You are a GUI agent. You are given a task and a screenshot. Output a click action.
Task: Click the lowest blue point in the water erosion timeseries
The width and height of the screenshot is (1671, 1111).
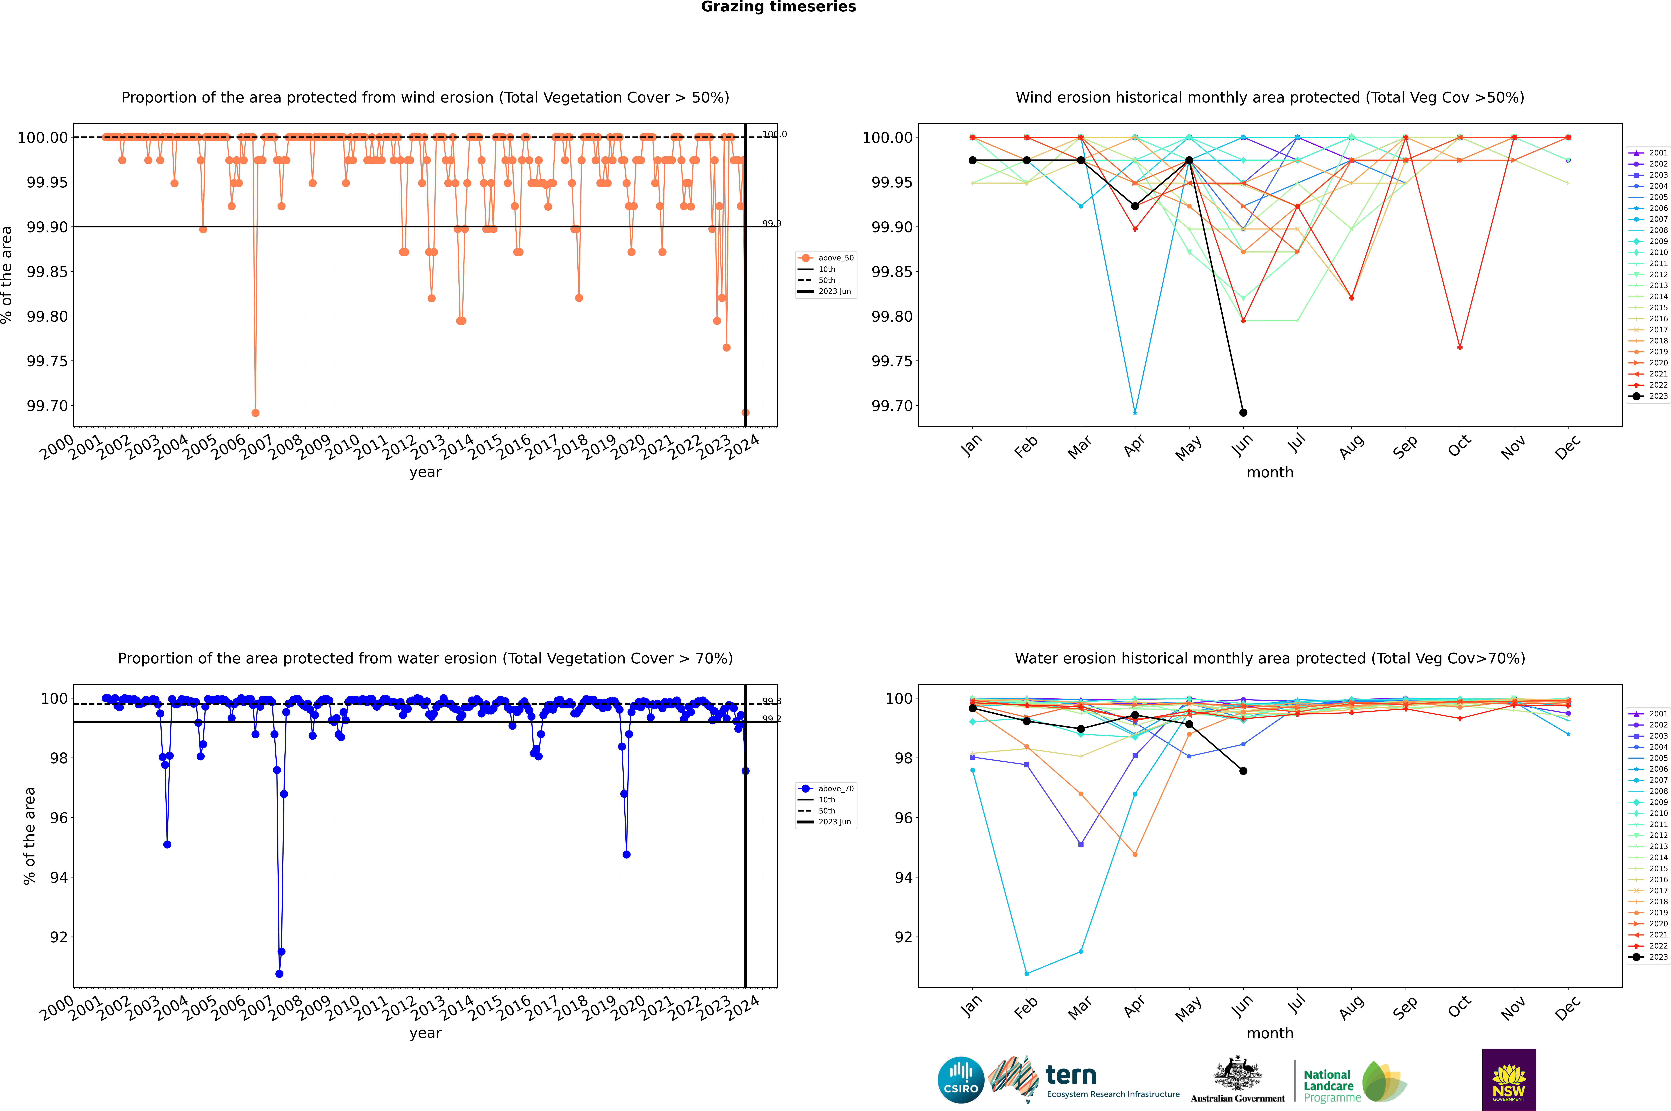(279, 973)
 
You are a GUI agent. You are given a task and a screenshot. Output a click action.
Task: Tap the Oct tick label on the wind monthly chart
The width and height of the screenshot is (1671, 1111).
(1459, 446)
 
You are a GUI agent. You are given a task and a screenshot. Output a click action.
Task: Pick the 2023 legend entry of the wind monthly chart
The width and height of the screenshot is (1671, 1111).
(1657, 396)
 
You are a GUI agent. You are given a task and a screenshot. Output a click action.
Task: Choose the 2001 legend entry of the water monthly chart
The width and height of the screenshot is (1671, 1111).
(1657, 714)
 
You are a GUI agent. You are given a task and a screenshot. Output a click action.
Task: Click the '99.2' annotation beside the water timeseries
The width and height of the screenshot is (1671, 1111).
(771, 719)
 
